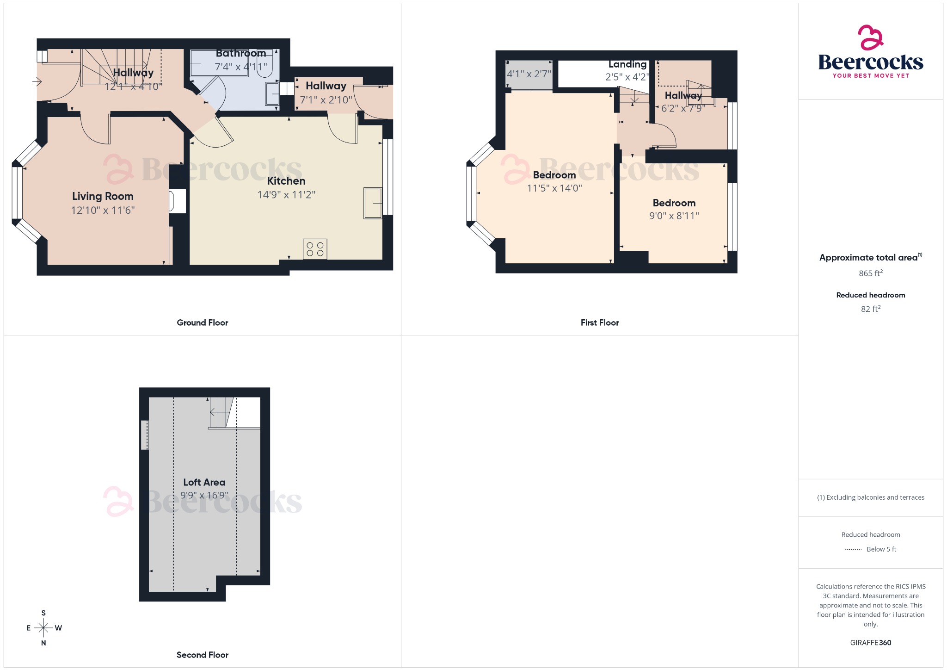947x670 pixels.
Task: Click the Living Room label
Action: coord(103,196)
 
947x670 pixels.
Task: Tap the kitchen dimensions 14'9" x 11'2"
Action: coord(286,195)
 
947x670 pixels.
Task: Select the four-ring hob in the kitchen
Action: coord(315,249)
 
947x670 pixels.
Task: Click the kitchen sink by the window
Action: coord(373,203)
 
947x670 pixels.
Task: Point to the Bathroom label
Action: coord(241,53)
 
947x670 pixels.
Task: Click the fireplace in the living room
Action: coord(178,201)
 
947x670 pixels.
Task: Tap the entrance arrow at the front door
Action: coord(37,82)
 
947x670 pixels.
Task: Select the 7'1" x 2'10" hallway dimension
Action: coord(326,100)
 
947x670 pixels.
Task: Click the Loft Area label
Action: coord(204,482)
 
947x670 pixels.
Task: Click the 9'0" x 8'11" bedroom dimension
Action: coord(674,216)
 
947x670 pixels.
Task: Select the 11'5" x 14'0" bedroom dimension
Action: coord(554,188)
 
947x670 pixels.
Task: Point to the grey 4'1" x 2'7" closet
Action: coord(529,74)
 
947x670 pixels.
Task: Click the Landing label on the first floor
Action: coord(627,64)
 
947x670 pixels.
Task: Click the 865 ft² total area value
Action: coord(871,273)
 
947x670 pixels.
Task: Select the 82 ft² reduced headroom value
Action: coord(871,309)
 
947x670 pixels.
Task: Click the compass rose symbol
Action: coord(43,628)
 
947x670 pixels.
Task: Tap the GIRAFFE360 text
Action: coord(871,642)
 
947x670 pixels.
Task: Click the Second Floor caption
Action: coord(203,655)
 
